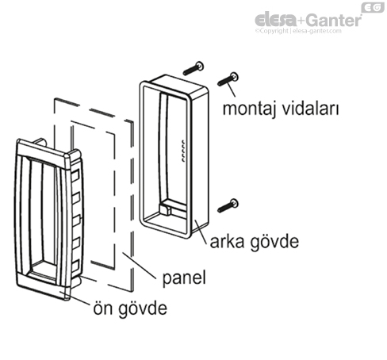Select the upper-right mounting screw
[x=230, y=78]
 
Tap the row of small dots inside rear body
[x=182, y=151]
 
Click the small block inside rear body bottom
[x=169, y=210]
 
